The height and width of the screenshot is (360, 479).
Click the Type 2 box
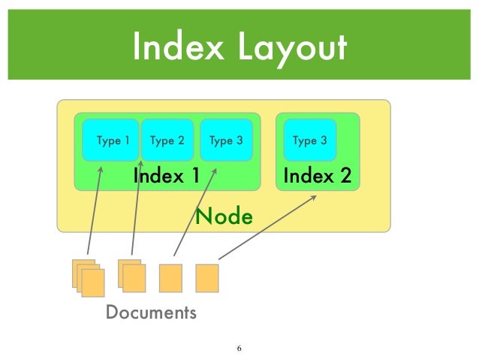click(x=167, y=140)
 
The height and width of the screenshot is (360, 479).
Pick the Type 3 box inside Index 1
click(x=225, y=140)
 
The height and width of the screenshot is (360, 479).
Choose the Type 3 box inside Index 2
click(x=309, y=140)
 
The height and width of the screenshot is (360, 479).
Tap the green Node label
click(x=224, y=217)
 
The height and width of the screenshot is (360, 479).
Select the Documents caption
click(x=151, y=312)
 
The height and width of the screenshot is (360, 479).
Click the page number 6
click(x=239, y=349)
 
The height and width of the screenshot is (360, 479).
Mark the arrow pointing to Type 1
click(x=95, y=210)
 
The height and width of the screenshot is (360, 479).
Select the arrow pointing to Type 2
click(x=137, y=203)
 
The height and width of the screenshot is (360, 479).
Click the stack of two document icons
click(x=131, y=276)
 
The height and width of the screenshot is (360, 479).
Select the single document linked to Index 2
click(x=206, y=277)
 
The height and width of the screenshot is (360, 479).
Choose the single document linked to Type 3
click(x=170, y=277)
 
